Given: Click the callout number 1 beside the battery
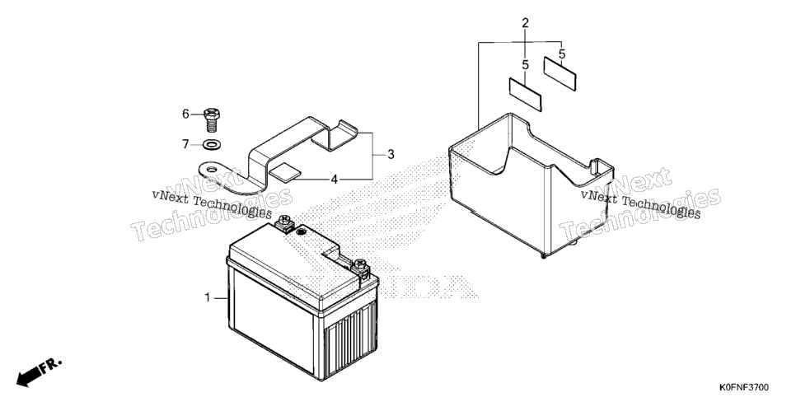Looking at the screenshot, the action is point(207,297).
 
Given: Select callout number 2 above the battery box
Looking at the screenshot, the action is point(526,23).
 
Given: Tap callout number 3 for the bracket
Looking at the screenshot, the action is point(391,154).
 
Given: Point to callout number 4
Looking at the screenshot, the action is point(334,179).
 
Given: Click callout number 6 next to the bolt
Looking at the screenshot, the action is point(185,114).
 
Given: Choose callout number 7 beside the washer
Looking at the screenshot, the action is point(185,145).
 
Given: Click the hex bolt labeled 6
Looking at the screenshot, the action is point(211,120).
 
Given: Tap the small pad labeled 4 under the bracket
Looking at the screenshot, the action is point(286,172).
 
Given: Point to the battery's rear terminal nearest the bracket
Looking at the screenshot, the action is point(283,223).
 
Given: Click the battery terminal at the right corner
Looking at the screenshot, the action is point(361,268).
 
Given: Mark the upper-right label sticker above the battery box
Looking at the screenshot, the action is point(560,73).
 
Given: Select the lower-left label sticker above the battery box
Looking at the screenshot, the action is point(526,95).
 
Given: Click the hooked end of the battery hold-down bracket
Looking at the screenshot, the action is point(335,134).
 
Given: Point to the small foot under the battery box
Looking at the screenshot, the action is point(544,255).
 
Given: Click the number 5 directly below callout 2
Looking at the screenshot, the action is point(526,65).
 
